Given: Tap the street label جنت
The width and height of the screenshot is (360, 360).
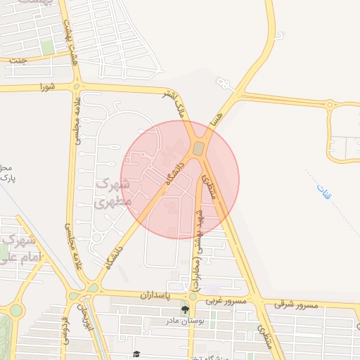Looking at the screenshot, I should click(x=19, y=60).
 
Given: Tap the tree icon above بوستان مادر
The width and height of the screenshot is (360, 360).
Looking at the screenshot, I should click(x=185, y=309).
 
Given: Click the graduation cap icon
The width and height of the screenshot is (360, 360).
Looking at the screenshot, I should click(x=136, y=354).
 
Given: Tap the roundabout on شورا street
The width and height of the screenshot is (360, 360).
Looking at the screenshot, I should click(x=77, y=87).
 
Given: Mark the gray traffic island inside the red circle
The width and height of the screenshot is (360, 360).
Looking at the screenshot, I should click(x=199, y=148).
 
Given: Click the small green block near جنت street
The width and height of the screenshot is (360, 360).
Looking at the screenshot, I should click(x=47, y=47).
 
